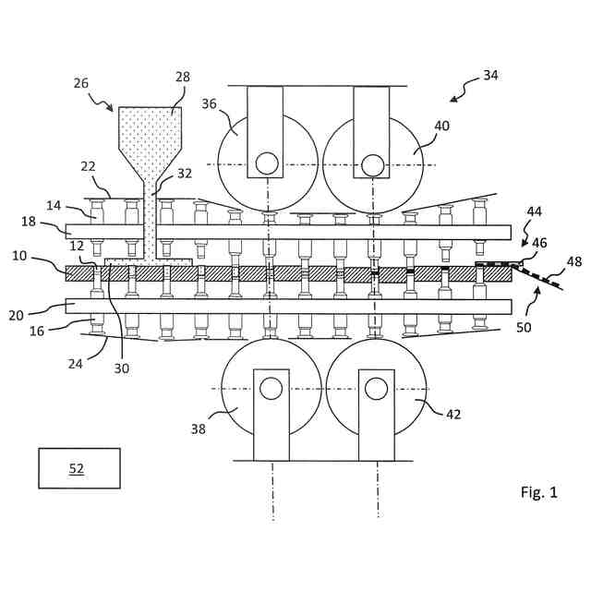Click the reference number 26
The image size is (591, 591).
(82, 83)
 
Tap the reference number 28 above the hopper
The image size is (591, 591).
(182, 78)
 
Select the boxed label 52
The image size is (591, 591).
(78, 469)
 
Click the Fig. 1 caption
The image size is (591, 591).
(538, 492)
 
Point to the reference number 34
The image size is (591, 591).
(490, 75)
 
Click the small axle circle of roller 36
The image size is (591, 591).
(267, 163)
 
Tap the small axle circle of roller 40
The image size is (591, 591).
(372, 164)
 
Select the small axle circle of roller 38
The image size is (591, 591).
(271, 389)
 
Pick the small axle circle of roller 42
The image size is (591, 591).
(376, 389)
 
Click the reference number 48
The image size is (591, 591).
(573, 262)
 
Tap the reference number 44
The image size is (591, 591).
(535, 211)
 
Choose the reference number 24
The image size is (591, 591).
(76, 363)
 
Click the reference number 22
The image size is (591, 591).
(88, 166)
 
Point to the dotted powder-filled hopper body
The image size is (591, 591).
(150, 129)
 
